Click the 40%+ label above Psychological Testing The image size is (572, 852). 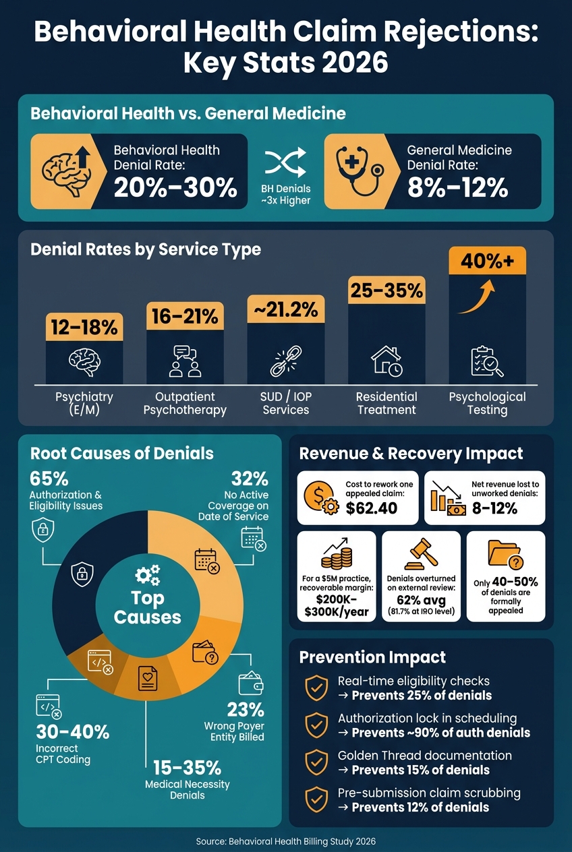(487, 261)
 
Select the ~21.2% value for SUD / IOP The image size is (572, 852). (286, 309)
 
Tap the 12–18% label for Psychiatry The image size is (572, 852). (84, 327)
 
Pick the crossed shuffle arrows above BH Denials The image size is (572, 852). (285, 162)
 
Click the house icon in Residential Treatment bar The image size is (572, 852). (387, 361)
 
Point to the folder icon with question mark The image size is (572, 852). (506, 555)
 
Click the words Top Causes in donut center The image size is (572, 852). (147, 608)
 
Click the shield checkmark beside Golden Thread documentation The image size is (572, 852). (316, 762)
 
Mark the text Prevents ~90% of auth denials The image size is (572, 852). (440, 733)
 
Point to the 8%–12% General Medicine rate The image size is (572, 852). (457, 188)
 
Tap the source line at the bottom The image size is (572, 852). (286, 842)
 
